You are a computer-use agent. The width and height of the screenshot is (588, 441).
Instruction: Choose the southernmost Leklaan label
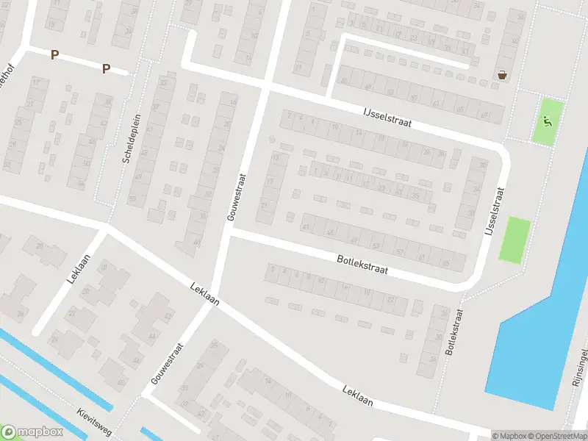click(357, 393)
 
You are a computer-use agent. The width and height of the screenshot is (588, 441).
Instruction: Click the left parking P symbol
click(54, 54)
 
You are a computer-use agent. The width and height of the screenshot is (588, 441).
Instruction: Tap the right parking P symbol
click(106, 68)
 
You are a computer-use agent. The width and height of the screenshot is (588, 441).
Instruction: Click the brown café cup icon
click(502, 74)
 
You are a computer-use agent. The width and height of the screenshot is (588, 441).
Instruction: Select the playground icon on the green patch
click(548, 120)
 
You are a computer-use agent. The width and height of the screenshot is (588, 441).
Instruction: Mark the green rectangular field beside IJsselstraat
click(514, 239)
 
